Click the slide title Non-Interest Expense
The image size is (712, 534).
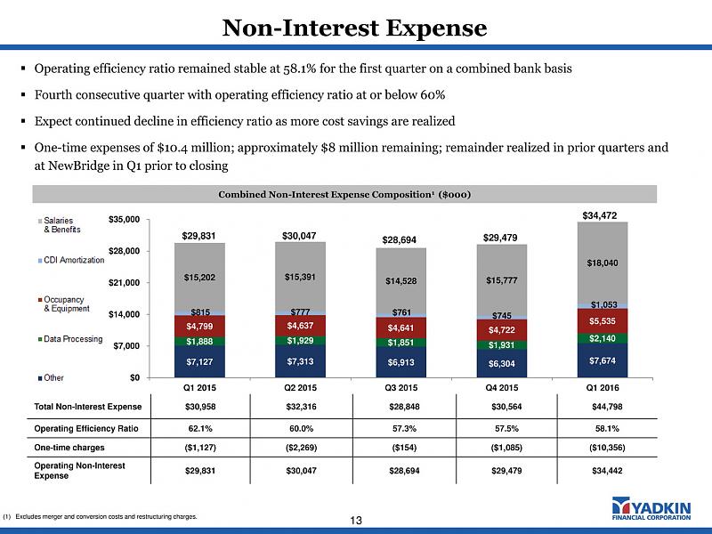355,28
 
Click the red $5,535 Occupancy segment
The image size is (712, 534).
603,320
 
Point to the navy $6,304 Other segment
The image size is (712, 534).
502,362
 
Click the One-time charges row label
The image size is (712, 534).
69,448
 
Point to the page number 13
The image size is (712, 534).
356,522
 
